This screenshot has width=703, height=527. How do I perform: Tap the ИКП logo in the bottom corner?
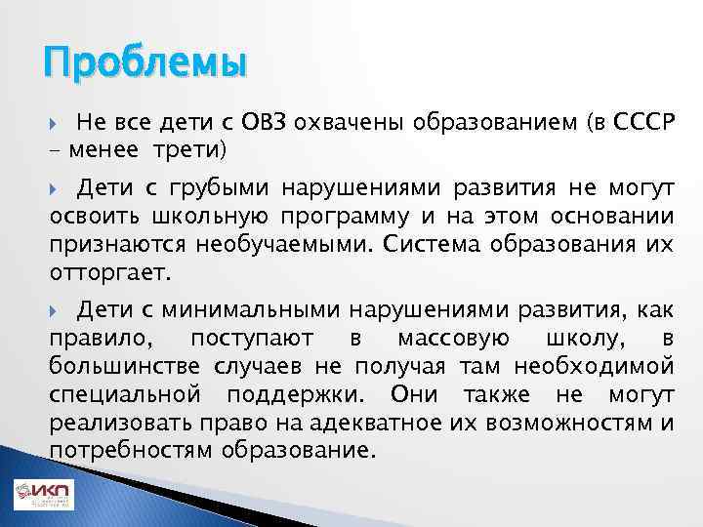pos(43,495)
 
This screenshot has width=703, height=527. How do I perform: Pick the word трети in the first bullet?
pos(192,149)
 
